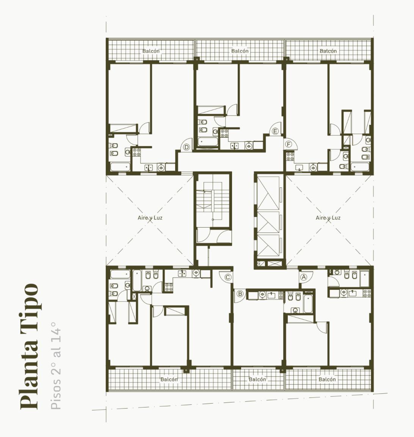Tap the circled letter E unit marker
[275, 131]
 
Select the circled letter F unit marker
[289, 145]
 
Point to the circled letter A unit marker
[304, 277]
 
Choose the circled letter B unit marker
[240, 294]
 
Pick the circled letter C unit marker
[227, 277]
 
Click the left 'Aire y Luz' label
[150, 218]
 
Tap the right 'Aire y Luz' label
[328, 218]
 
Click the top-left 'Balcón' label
[151, 51]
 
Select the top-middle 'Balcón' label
[240, 51]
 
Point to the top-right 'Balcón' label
[328, 51]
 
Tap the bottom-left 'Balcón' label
[169, 379]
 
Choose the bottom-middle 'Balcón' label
[257, 379]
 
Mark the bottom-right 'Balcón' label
[327, 379]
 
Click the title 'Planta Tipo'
[29, 346]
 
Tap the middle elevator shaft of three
[268, 222]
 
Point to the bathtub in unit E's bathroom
[208, 141]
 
